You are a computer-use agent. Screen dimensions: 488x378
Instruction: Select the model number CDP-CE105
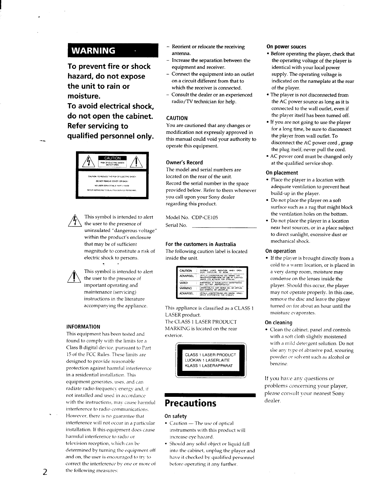pyautogui.click(x=204, y=218)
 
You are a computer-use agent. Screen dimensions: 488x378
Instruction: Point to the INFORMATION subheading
pyautogui.click(x=83, y=327)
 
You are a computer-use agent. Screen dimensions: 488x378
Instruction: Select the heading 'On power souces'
pyautogui.click(x=286, y=47)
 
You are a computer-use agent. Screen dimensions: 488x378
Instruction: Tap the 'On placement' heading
pyautogui.click(x=282, y=173)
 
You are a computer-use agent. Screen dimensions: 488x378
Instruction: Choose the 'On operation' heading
pyautogui.click(x=280, y=251)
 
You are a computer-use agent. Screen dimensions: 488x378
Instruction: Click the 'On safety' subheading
pyautogui.click(x=176, y=416)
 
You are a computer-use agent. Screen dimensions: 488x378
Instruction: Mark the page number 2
pyautogui.click(x=45, y=472)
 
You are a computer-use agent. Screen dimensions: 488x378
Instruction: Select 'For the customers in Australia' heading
pyautogui.click(x=201, y=244)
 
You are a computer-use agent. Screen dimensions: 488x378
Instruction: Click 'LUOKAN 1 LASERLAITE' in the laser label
pyautogui.click(x=207, y=360)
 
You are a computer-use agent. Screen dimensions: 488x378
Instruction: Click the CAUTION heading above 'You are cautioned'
pyautogui.click(x=177, y=118)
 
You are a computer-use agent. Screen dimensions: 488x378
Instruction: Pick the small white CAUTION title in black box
pyautogui.click(x=112, y=158)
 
